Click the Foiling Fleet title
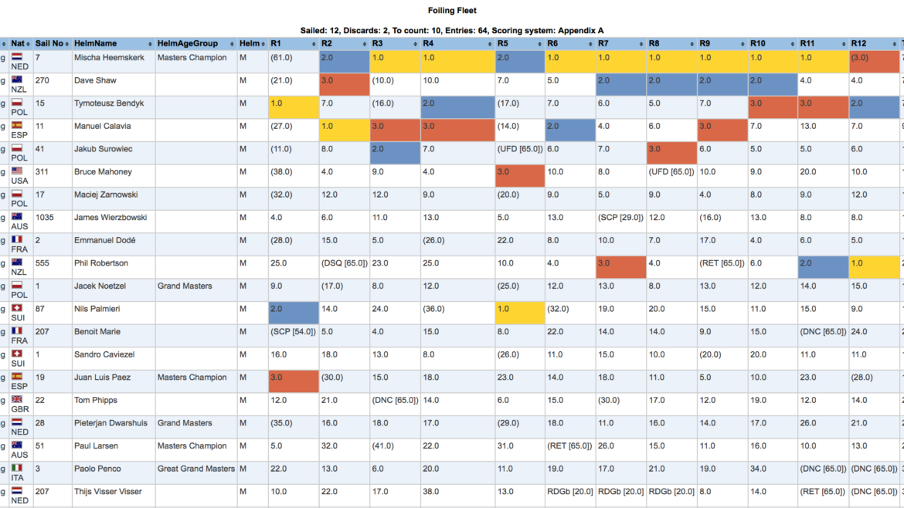point(452,10)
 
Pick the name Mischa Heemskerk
point(109,58)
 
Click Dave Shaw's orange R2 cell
point(344,84)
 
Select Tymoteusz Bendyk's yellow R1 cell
point(294,107)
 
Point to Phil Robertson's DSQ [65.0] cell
point(344,263)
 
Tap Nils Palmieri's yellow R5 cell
point(519,313)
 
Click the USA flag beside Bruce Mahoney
point(17,171)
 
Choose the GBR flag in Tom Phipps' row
point(17,399)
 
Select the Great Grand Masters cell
point(196,469)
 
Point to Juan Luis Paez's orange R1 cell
point(294,381)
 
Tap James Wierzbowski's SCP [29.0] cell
point(620,218)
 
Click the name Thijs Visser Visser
point(108,492)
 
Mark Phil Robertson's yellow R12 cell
point(874,267)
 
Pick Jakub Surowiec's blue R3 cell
point(395,153)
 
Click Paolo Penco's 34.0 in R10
point(758,469)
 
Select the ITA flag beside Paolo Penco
point(17,468)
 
